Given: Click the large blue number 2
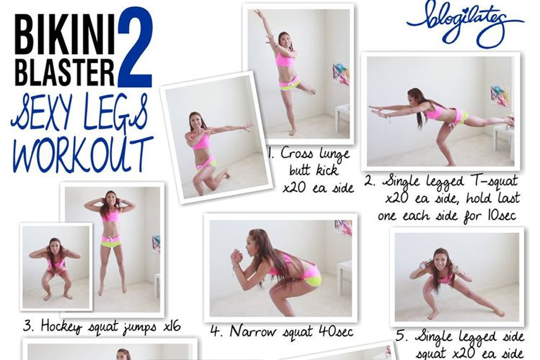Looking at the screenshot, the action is pos(135,47).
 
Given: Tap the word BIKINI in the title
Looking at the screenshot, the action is pos(65,35).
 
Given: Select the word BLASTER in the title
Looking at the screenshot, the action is pos(65,72).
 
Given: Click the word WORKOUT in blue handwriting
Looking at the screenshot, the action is pos(83,154).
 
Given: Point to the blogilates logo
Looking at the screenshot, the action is pos(465,23).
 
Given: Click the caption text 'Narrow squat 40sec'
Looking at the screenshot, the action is pos(292,332).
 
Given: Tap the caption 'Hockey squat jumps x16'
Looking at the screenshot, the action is pos(110,326).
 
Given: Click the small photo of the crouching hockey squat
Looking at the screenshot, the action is pos(56,267).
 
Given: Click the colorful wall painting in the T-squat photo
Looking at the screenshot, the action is pos(500,96).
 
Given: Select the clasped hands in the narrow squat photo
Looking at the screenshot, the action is pos(236,257).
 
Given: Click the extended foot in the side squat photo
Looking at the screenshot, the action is pos(499,312).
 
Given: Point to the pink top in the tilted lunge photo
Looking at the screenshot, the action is pos(201,141).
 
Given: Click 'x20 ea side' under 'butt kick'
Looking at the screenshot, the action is pos(318,188).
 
